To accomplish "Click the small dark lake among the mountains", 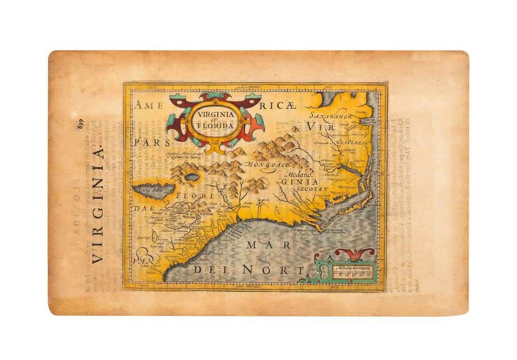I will tap(192, 178).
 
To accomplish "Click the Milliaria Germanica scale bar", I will tap(352, 273).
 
